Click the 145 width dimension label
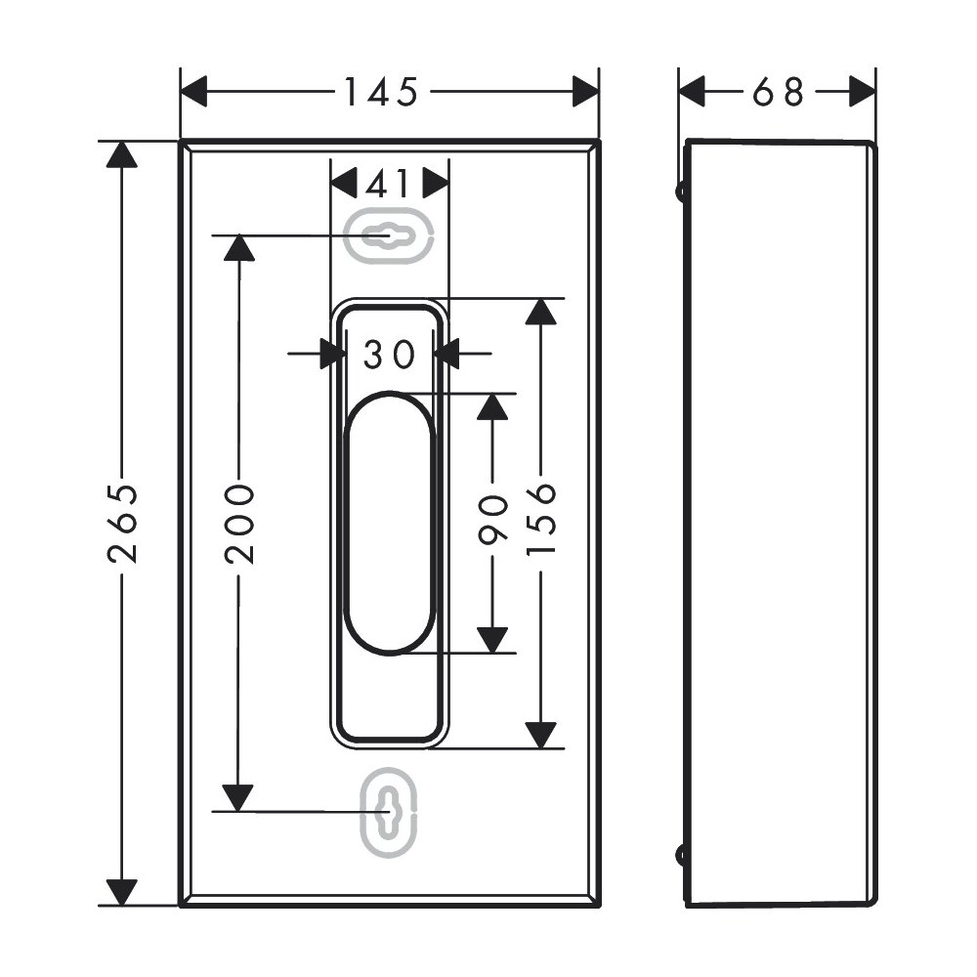point(381,92)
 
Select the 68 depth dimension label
point(779,92)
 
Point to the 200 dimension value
point(240,524)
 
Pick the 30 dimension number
point(389,354)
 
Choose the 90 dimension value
point(492,519)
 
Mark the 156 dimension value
point(540,519)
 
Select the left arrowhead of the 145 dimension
point(193,92)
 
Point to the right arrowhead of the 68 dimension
point(863,92)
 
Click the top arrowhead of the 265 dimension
point(121,154)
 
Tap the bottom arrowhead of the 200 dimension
point(238,798)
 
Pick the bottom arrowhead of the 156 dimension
point(540,736)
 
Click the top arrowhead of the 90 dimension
point(492,406)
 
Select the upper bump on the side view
point(681,191)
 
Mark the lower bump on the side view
point(681,856)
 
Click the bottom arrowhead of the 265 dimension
point(121,892)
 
